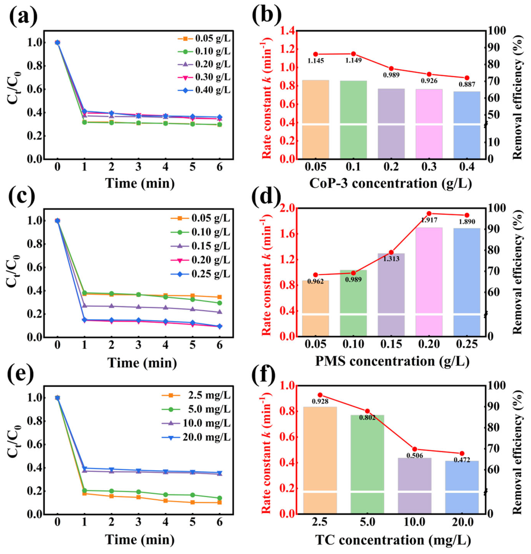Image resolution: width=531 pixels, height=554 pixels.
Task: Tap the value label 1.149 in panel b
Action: click(353, 60)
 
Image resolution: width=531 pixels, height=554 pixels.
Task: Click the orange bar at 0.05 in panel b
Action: click(315, 119)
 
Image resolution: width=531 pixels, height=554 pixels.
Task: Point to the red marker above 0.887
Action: click(466, 78)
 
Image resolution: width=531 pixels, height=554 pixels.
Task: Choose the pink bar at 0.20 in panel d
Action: click(429, 283)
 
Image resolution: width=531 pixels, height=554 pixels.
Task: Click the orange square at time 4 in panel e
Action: click(165, 501)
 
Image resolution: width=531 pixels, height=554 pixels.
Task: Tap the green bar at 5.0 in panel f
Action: click(367, 463)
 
